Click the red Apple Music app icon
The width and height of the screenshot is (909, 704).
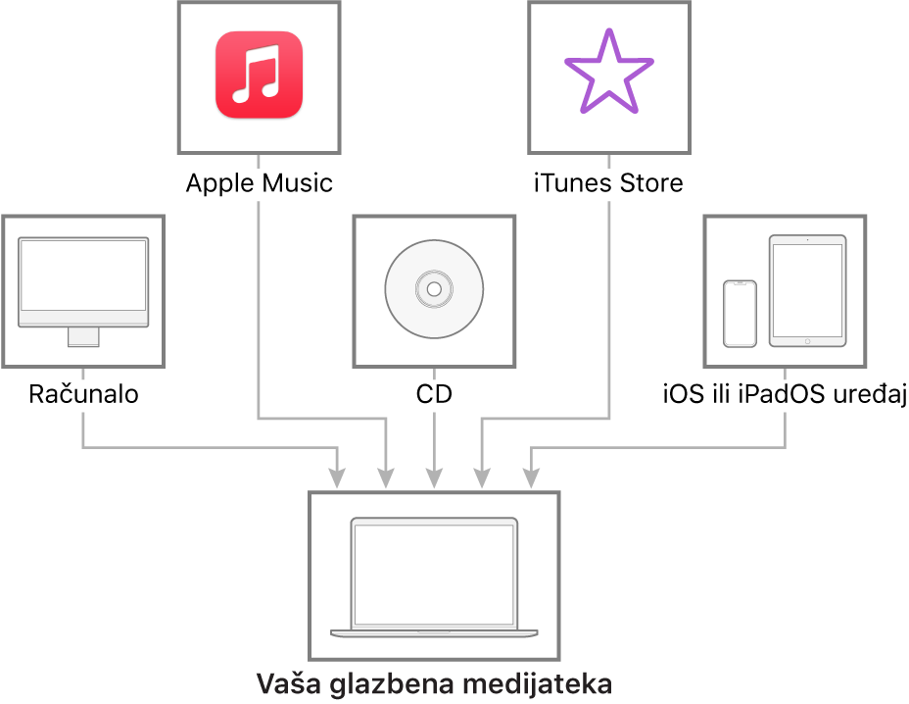pyautogui.click(x=260, y=75)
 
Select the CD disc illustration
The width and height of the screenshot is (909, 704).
pyautogui.click(x=434, y=289)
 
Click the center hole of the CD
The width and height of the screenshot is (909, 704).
pyautogui.click(x=434, y=289)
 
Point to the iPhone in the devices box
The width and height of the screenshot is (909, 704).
pyautogui.click(x=740, y=314)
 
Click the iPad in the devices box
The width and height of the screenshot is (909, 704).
pyautogui.click(x=807, y=291)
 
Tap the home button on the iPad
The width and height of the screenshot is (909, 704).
pyautogui.click(x=807, y=342)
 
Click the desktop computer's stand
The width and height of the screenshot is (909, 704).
pyautogui.click(x=83, y=337)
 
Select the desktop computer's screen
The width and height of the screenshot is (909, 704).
pyautogui.click(x=83, y=276)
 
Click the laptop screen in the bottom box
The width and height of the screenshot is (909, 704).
pyautogui.click(x=434, y=575)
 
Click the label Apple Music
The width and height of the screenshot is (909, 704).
pyautogui.click(x=260, y=183)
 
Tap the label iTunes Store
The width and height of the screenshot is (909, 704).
pyautogui.click(x=608, y=183)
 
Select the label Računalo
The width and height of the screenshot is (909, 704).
pyautogui.click(x=83, y=394)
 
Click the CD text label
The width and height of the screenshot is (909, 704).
pyautogui.click(x=434, y=394)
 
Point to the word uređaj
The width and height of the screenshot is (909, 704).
pyautogui.click(x=869, y=395)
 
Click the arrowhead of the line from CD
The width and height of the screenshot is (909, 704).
pyautogui.click(x=434, y=478)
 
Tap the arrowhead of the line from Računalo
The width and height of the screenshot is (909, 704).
pyautogui.click(x=337, y=478)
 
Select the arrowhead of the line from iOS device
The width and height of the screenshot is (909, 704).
pyautogui.click(x=531, y=478)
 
